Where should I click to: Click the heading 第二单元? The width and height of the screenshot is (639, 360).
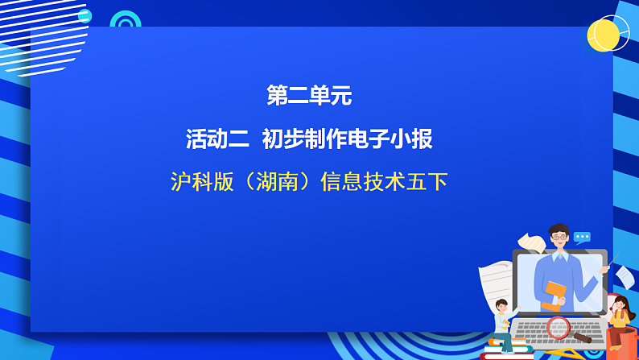pos(309,97)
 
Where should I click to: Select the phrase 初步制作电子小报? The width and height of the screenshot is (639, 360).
pos(347,139)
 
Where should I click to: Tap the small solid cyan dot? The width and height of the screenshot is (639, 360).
pos(85,16)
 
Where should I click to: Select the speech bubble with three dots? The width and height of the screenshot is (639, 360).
pos(582,237)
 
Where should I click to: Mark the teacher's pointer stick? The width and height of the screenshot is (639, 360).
pos(615,259)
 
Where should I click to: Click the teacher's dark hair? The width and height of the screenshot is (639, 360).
pos(559,230)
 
